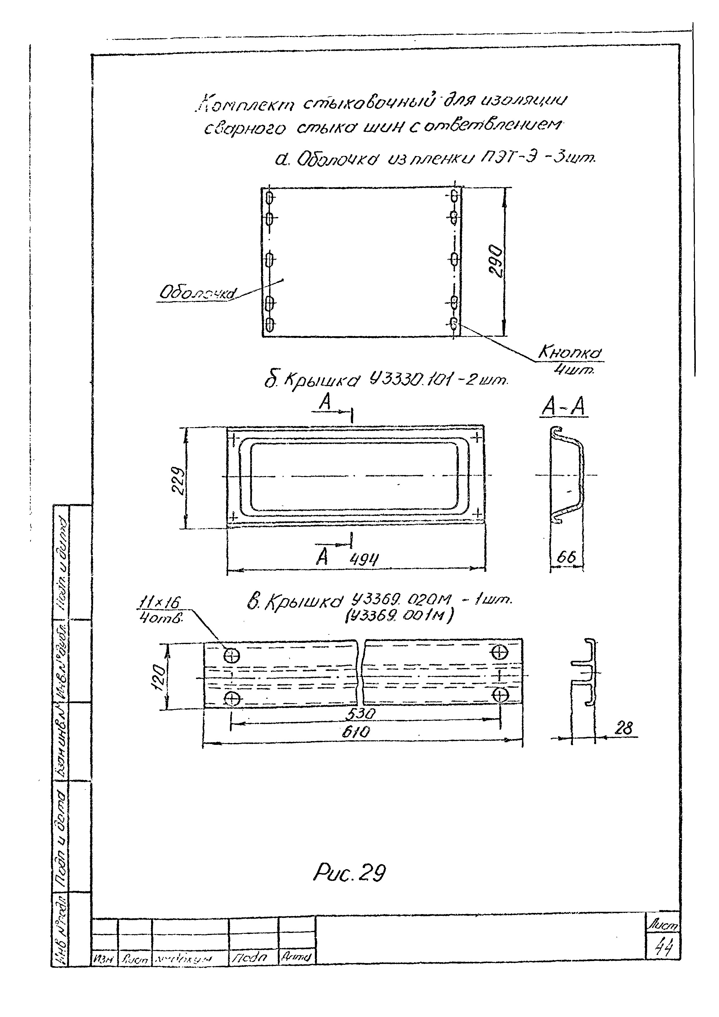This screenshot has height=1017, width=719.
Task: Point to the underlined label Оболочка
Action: tap(198, 293)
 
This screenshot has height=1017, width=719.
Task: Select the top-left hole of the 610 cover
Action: tap(232, 654)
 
